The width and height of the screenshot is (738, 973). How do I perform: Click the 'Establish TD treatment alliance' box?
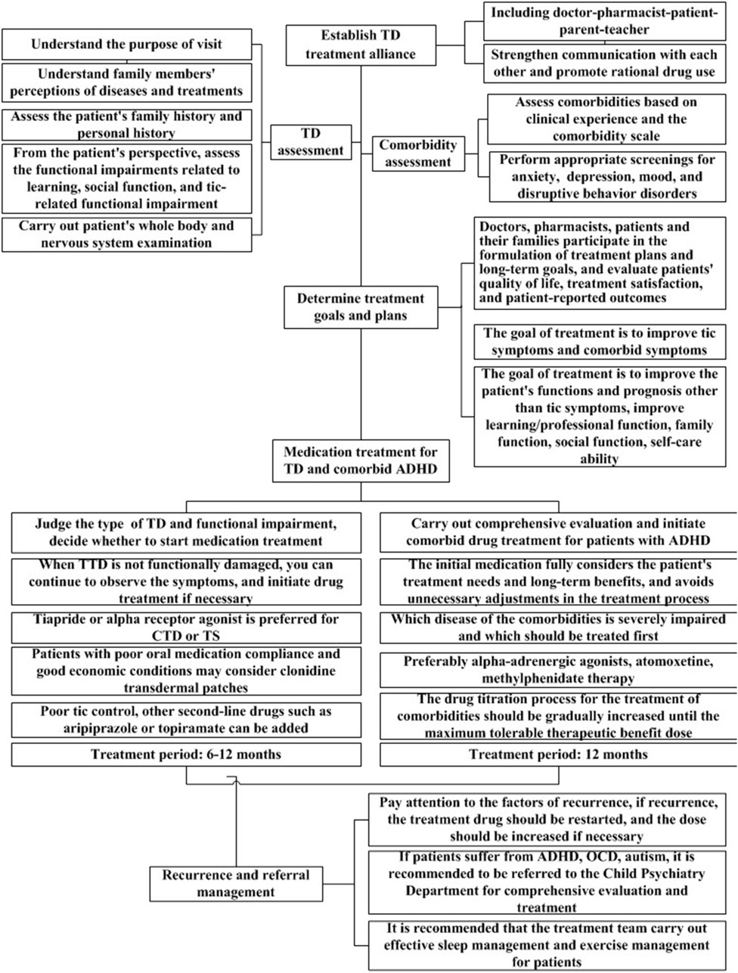(361, 45)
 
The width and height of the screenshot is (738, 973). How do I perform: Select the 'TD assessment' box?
(310, 142)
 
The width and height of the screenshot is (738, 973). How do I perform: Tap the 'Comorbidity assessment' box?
(417, 153)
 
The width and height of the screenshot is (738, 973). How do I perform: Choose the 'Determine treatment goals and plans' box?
(361, 307)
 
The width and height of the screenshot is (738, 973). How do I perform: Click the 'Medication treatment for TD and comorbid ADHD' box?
(361, 461)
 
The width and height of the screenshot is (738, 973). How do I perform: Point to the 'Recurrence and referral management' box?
(236, 883)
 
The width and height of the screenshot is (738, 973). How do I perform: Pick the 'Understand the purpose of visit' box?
(126, 45)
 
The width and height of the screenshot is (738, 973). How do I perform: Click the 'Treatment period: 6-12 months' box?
(185, 754)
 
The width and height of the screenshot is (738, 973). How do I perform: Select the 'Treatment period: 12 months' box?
(558, 754)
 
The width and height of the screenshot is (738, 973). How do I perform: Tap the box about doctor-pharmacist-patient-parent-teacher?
(602, 21)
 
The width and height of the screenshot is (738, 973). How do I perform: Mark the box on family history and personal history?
(126, 125)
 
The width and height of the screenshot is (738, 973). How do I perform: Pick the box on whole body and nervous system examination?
(126, 234)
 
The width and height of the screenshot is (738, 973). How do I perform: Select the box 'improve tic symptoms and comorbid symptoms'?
(598, 342)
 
